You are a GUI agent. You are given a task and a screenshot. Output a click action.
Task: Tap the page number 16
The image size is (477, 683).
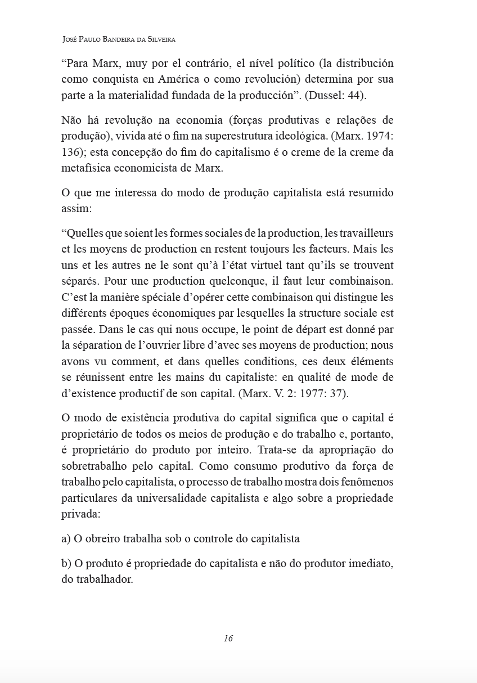228,638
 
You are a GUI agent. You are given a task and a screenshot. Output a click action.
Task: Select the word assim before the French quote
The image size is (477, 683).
74,208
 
